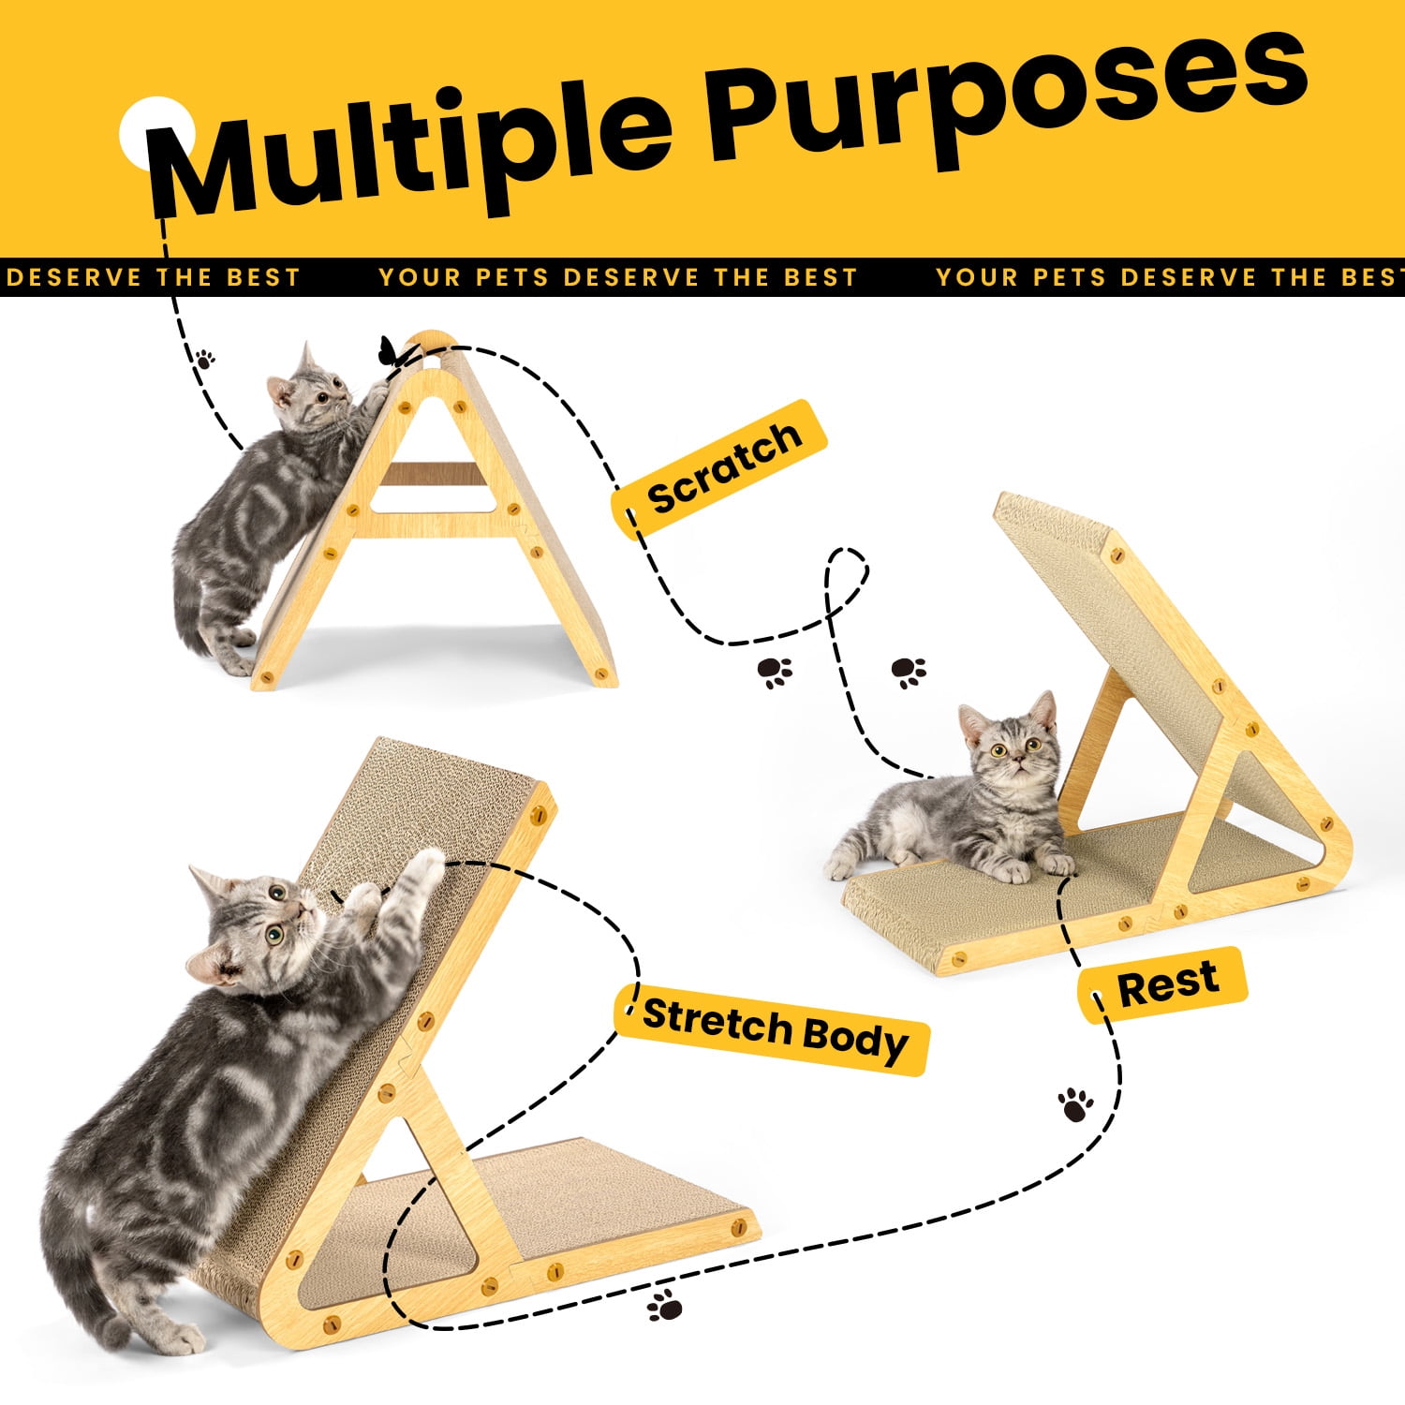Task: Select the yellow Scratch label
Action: click(720, 467)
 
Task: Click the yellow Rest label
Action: click(1162, 984)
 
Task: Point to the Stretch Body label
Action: click(772, 1029)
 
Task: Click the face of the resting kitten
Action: click(1011, 745)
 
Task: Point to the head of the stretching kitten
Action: click(252, 927)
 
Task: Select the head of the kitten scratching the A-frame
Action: click(309, 393)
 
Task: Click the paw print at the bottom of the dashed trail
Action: click(665, 1305)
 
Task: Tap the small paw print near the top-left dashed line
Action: click(204, 358)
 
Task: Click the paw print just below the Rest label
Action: click(1076, 1104)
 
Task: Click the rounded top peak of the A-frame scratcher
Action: click(432, 339)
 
